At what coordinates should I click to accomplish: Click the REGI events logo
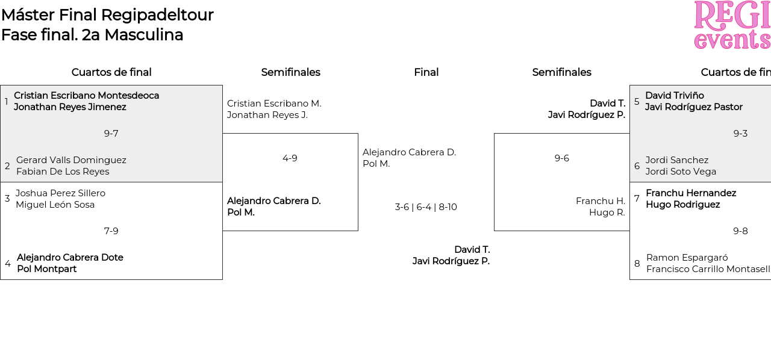pos(732,25)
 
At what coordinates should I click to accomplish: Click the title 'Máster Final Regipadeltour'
pos(107,15)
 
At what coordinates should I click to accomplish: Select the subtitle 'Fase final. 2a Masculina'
pos(92,35)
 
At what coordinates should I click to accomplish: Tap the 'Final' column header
pos(426,72)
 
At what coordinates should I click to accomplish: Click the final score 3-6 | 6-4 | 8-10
pos(426,207)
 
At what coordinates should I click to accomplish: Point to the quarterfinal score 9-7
pos(111,134)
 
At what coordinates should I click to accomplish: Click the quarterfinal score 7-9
pos(111,231)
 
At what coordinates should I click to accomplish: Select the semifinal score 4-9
pos(290,158)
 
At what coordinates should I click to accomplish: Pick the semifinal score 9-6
pos(561,158)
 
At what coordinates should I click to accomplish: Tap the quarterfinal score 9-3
pos(740,134)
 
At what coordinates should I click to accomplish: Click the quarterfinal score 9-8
pos(740,231)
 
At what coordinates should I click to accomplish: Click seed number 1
pos(7,102)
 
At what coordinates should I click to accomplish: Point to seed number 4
pos(8,264)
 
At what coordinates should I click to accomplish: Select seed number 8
pos(637,264)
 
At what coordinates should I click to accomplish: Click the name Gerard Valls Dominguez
pos(71,160)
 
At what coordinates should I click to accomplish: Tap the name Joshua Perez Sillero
pos(60,193)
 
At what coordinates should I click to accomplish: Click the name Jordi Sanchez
pos(676,160)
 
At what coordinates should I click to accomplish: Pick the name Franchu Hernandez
pos(690,193)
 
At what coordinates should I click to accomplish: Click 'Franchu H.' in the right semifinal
pos(600,201)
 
